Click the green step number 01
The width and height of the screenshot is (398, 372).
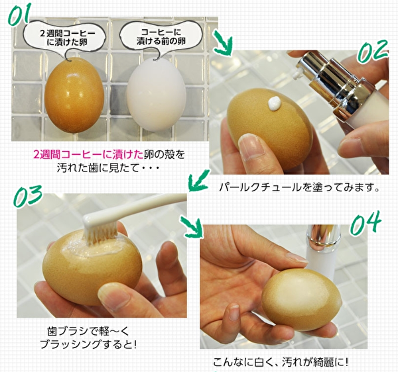click(19, 14)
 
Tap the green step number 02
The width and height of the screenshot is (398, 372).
click(373, 52)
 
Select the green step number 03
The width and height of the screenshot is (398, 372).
click(27, 195)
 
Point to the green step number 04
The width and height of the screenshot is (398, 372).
click(365, 223)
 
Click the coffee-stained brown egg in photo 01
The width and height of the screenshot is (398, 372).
click(74, 95)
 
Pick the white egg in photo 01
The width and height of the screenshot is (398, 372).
click(156, 95)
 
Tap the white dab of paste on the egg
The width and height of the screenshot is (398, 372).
click(275, 104)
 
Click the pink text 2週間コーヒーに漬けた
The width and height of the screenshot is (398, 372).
click(89, 155)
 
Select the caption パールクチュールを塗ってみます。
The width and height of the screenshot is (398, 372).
click(300, 187)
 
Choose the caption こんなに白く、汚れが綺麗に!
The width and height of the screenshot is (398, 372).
click(281, 362)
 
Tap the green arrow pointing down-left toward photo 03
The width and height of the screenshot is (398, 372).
click(199, 180)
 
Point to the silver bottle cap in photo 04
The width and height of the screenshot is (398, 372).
click(323, 236)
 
